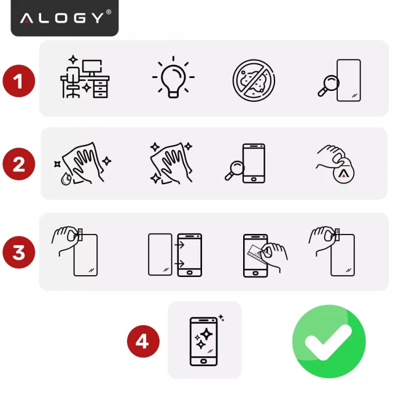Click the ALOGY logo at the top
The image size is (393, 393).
64,17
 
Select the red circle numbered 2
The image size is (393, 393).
18,165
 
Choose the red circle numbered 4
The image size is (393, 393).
142,341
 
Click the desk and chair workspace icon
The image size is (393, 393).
84,79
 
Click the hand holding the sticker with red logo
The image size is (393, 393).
337,165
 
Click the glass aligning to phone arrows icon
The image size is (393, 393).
175,254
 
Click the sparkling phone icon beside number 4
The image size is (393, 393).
205,341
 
